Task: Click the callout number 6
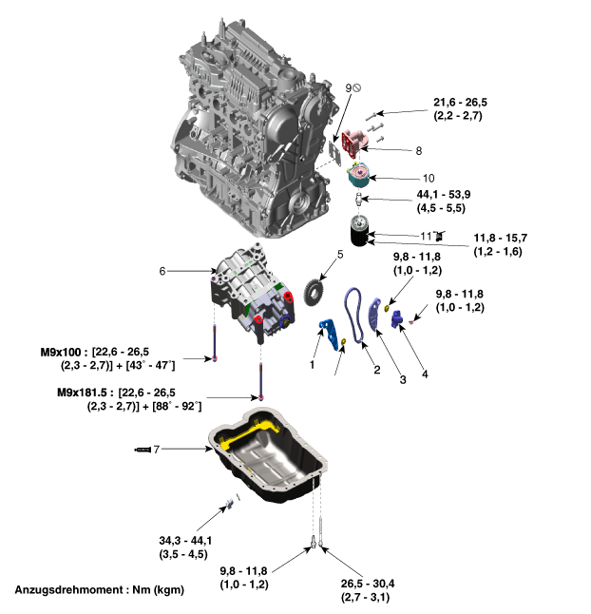point(162,271)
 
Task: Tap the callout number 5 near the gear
point(340,255)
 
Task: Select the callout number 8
point(419,151)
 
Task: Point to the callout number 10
point(429,179)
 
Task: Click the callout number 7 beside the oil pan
point(157,450)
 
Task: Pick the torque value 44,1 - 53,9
point(444,194)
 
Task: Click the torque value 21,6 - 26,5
point(460,103)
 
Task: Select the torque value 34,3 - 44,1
point(185,541)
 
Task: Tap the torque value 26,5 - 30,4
point(368,584)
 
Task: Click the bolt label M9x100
point(61,352)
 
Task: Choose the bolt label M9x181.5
point(82,393)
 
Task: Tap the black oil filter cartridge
point(359,231)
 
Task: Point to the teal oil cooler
point(358,175)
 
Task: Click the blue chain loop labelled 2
point(353,316)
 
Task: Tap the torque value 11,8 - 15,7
point(501,238)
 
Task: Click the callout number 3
point(403,379)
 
